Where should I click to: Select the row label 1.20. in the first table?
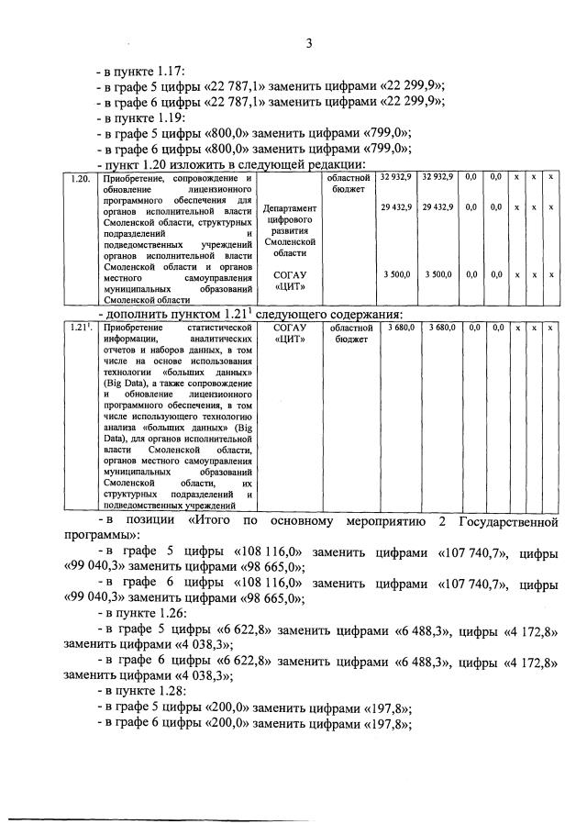click(80, 176)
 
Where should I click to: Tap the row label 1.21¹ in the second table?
click(80, 327)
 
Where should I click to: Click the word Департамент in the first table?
click(289, 209)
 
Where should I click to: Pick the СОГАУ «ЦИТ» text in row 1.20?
click(289, 280)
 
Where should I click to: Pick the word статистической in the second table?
click(219, 327)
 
